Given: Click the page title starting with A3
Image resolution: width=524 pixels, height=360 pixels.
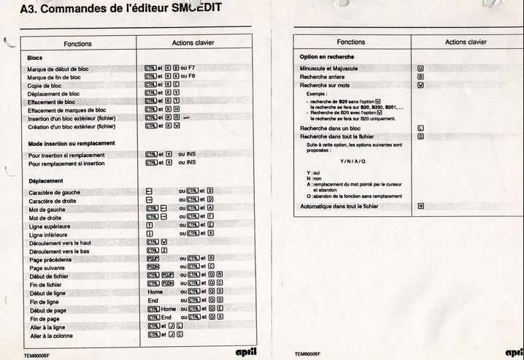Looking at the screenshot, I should pyautogui.click(x=121, y=9).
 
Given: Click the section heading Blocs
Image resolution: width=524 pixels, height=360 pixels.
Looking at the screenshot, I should pyautogui.click(x=35, y=57).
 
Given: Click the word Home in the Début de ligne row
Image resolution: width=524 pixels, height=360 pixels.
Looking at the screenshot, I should pyautogui.click(x=155, y=293).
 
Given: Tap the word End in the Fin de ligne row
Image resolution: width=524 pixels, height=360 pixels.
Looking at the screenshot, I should pyautogui.click(x=153, y=301).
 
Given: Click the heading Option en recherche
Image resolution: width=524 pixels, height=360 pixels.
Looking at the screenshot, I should pyautogui.click(x=327, y=56).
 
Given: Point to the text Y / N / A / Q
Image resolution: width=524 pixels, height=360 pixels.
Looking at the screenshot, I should pyautogui.click(x=352, y=161).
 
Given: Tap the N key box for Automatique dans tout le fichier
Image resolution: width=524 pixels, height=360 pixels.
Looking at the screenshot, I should pyautogui.click(x=421, y=207).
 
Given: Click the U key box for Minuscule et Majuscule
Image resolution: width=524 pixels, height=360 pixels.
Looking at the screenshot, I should pyautogui.click(x=420, y=68).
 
